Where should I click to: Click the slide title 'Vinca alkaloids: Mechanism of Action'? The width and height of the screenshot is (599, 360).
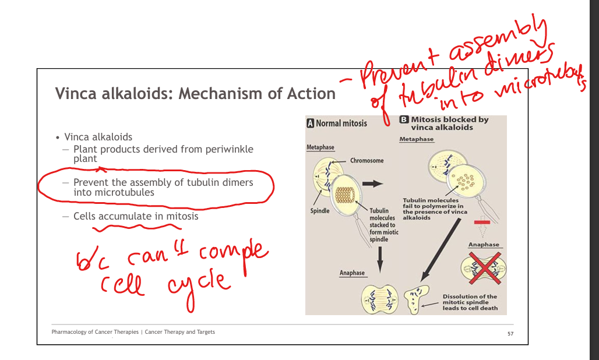[195, 94]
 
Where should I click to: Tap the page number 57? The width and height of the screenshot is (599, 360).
[510, 334]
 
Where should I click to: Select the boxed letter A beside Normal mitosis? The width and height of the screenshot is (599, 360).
[310, 123]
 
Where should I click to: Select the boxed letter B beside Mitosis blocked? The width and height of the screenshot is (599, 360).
[404, 119]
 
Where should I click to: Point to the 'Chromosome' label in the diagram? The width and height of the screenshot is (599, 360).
[367, 160]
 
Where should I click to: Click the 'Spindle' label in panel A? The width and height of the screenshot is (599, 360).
[320, 211]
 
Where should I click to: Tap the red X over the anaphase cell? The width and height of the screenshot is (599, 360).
[485, 268]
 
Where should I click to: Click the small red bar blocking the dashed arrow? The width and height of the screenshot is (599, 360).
[482, 222]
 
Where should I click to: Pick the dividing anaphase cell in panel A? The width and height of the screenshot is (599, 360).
[380, 299]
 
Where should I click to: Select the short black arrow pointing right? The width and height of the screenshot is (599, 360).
[372, 184]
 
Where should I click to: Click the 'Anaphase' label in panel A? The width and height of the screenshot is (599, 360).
[352, 273]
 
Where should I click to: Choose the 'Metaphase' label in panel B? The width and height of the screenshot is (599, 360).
[417, 139]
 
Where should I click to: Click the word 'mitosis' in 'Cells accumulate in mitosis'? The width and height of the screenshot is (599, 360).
[182, 217]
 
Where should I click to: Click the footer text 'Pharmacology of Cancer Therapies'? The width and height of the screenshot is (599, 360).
[95, 332]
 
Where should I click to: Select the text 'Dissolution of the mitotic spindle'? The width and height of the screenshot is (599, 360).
[470, 299]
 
